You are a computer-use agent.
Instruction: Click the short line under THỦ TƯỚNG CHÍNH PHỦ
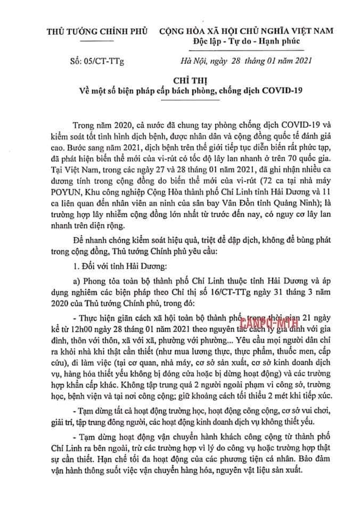99,41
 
